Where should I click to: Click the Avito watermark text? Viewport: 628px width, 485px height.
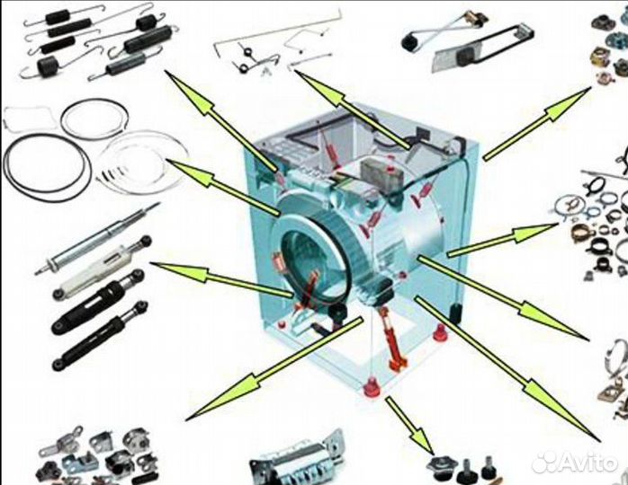point(587,463)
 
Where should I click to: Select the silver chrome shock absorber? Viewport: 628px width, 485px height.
point(96,239)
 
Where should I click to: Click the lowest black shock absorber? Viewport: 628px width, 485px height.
point(99,336)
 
